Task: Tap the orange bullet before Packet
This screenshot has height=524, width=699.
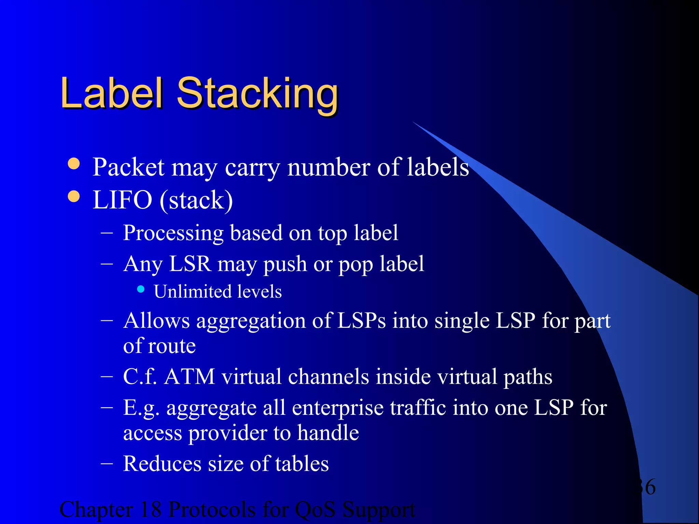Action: [74, 163]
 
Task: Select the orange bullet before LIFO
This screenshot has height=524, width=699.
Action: [74, 196]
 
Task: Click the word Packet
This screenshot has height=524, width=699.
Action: [129, 167]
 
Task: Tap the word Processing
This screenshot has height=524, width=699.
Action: [173, 233]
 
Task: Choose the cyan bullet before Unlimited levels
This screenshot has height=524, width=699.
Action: [141, 289]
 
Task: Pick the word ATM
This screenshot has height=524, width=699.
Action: [189, 377]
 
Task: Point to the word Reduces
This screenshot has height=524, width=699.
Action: [162, 464]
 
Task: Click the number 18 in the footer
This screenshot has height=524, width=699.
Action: [151, 509]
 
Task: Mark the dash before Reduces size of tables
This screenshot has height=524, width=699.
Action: [107, 463]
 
